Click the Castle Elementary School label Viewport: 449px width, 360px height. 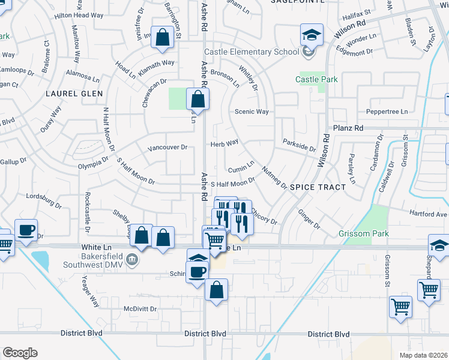pos(252,52)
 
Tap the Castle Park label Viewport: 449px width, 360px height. pos(316,79)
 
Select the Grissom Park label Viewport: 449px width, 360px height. pos(364,233)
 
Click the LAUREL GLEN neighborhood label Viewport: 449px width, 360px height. pos(74,94)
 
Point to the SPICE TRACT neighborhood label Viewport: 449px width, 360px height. pos(318,187)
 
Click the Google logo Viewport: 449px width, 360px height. pos(20,353)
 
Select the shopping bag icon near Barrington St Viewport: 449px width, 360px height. pos(162,38)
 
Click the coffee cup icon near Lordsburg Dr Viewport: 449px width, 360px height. pos(26,230)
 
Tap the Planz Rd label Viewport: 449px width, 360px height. pos(349,128)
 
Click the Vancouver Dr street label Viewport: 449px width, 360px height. pos(167,147)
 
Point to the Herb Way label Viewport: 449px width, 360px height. pos(224,143)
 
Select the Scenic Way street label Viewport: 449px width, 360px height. pos(251,111)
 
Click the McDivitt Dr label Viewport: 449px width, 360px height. pos(140,308)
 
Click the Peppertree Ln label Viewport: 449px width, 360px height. pos(387,112)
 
